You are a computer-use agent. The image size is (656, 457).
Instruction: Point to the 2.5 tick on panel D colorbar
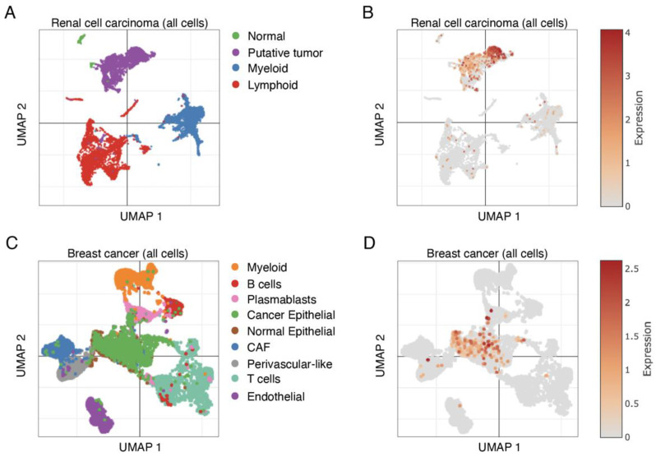pos(632,270)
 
